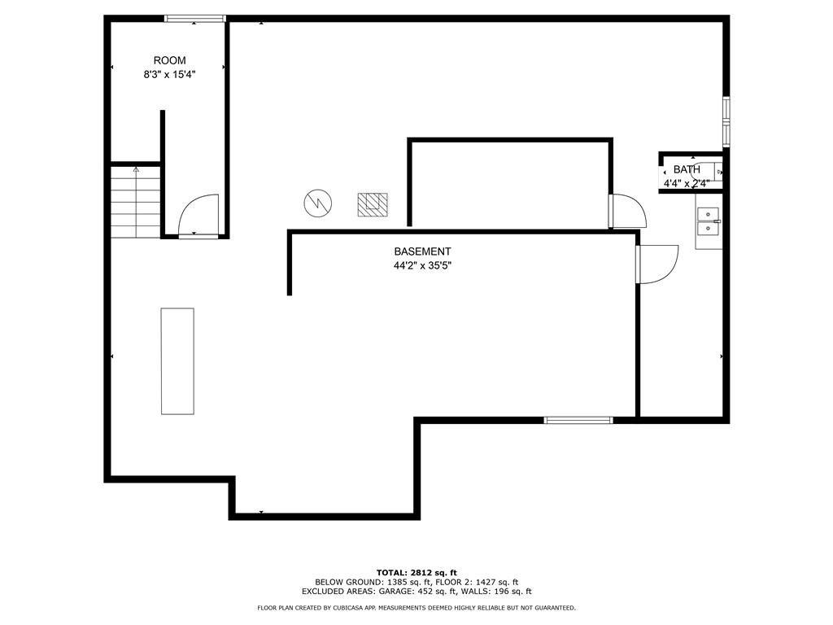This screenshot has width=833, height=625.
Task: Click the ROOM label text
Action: (169, 60)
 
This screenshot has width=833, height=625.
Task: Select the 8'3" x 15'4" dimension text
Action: (169, 74)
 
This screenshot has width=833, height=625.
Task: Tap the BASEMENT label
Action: (422, 251)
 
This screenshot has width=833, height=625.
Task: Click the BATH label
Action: (686, 169)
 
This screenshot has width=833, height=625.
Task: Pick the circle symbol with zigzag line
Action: (318, 203)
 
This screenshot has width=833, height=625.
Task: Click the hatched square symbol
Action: (373, 204)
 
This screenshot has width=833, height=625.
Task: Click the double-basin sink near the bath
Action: (709, 221)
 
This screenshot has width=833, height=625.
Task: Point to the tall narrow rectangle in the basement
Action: (177, 361)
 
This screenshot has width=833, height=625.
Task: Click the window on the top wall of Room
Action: (194, 18)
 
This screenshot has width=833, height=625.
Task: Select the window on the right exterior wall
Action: (726, 121)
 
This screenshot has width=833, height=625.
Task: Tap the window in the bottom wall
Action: (578, 420)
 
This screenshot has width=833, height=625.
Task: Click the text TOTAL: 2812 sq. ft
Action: (416, 572)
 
